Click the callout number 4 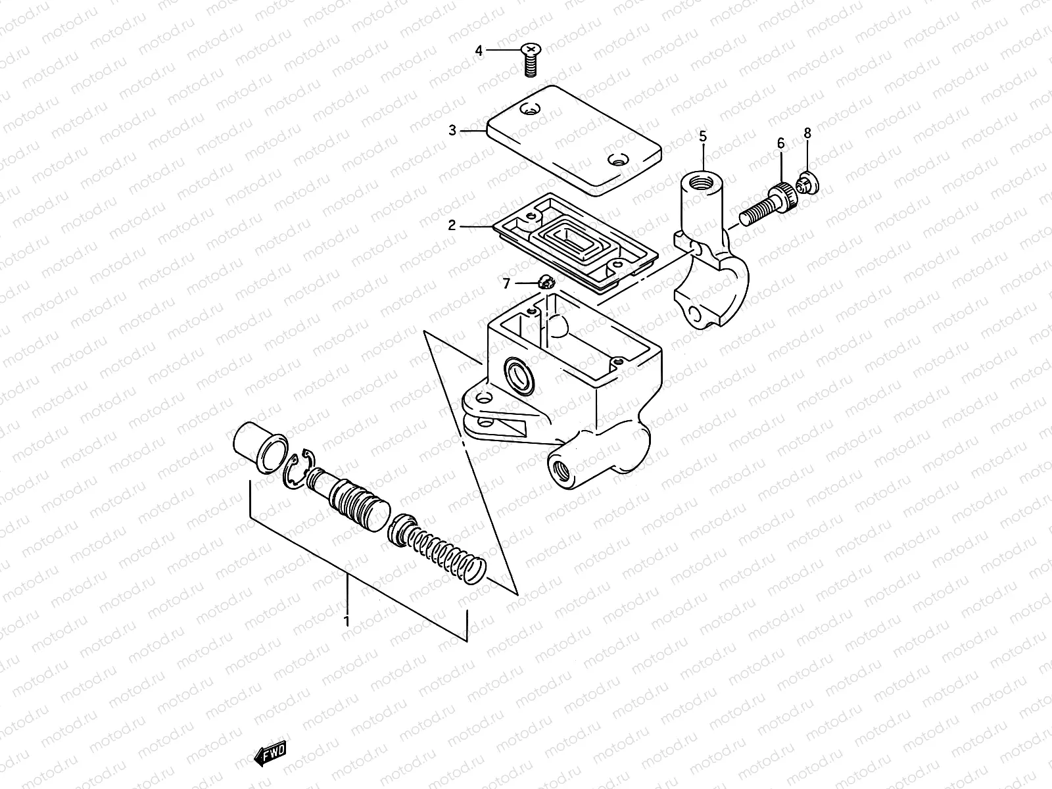point(479,51)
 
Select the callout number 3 point(452,130)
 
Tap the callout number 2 point(452,226)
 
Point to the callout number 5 point(703,137)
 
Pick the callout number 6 point(781,143)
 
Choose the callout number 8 point(807,133)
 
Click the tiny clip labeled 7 point(545,283)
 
